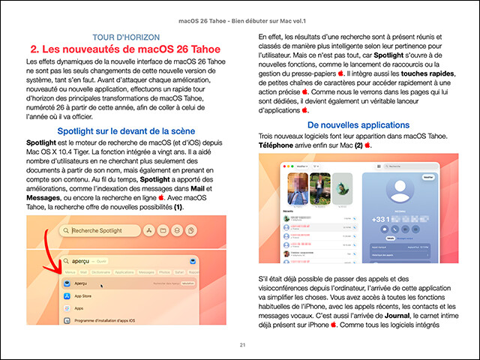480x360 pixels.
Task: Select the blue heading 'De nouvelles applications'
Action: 358,124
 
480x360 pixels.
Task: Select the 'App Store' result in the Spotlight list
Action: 88,296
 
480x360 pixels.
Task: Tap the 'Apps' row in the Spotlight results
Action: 79,308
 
